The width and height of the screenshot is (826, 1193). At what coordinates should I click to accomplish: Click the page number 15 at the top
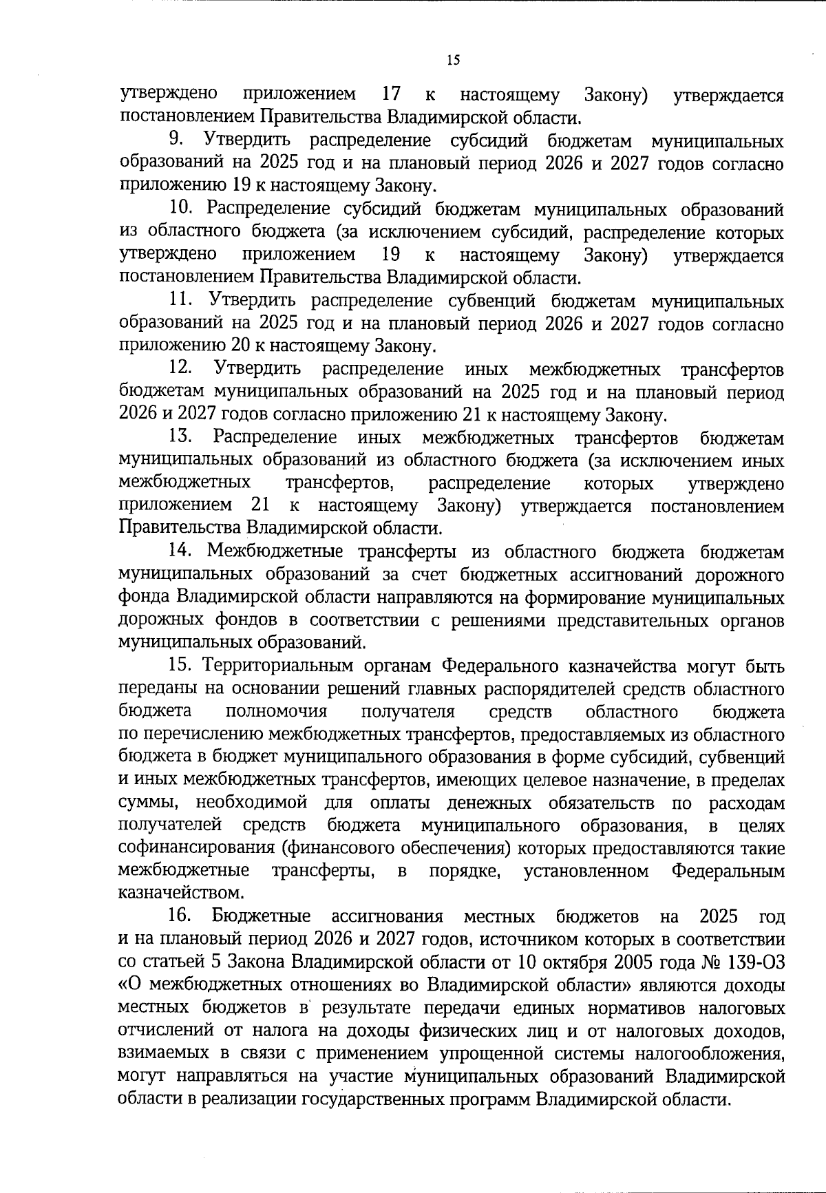pyautogui.click(x=453, y=60)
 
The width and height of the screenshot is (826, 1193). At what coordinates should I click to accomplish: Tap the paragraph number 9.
pyautogui.click(x=176, y=140)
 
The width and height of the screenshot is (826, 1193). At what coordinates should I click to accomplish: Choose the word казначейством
pyautogui.click(x=182, y=894)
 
